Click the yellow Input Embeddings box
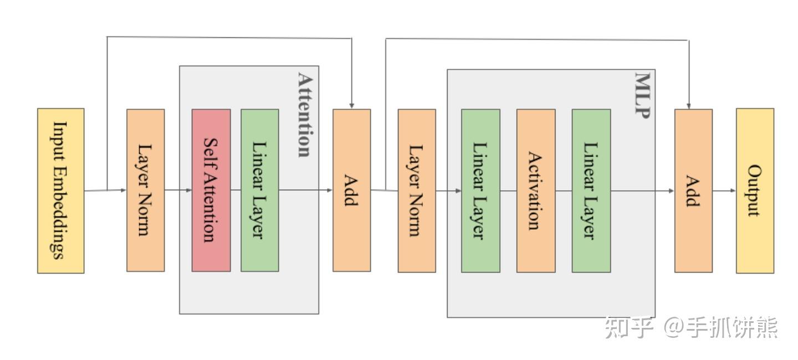pyautogui.click(x=61, y=191)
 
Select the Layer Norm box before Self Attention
pyautogui.click(x=146, y=191)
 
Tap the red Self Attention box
pyautogui.click(x=211, y=191)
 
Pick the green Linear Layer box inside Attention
pyautogui.click(x=260, y=191)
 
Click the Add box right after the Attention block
pyautogui.click(x=351, y=191)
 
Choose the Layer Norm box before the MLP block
pyautogui.click(x=417, y=191)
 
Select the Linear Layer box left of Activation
pyautogui.click(x=480, y=191)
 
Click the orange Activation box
pyautogui.click(x=536, y=191)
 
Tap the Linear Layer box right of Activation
pyautogui.click(x=591, y=191)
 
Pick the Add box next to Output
pyautogui.click(x=694, y=191)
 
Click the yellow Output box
pyautogui.click(x=755, y=191)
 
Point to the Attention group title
pyautogui.click(x=305, y=115)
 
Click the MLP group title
pyautogui.click(x=643, y=95)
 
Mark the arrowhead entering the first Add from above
pyautogui.click(x=351, y=106)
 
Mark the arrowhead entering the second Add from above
pyautogui.click(x=689, y=106)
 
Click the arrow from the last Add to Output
pyautogui.click(x=724, y=191)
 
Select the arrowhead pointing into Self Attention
pyautogui.click(x=189, y=190)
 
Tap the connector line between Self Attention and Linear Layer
pyautogui.click(x=236, y=190)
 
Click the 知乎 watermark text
pyautogui.click(x=629, y=327)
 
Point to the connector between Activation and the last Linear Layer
pyautogui.click(x=564, y=191)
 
